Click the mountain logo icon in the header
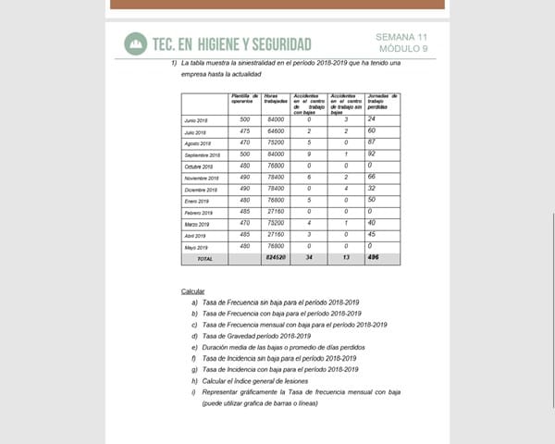click(x=136, y=43)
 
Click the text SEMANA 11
click(x=402, y=37)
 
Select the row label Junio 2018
click(x=196, y=121)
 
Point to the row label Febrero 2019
click(x=197, y=213)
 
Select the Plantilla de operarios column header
click(x=244, y=99)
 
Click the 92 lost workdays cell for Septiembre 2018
click(x=371, y=154)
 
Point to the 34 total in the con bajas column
click(x=309, y=259)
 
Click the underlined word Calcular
click(x=192, y=291)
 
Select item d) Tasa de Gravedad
click(x=253, y=336)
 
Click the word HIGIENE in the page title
click(x=228, y=44)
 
